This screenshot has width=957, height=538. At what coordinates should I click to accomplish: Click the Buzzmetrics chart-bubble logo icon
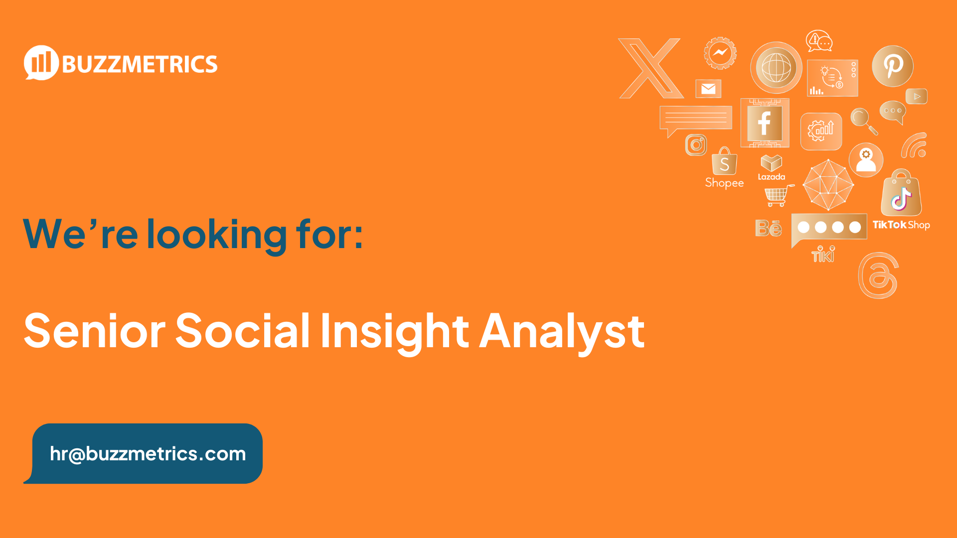click(x=41, y=63)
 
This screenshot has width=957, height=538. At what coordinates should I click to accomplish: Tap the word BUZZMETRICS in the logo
click(x=140, y=65)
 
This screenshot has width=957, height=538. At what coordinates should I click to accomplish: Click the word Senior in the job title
click(x=95, y=331)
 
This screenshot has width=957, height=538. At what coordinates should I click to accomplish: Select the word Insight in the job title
click(x=394, y=331)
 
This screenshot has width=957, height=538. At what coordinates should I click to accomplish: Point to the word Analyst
click(x=562, y=331)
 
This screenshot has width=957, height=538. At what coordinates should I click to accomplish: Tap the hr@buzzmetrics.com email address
click(x=148, y=454)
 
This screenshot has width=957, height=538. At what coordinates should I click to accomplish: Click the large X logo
click(x=650, y=68)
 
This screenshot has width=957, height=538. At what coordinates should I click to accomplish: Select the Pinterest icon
click(x=892, y=66)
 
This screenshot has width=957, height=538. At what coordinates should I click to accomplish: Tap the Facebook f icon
click(x=765, y=123)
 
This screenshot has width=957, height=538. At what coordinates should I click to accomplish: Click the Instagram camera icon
click(x=696, y=145)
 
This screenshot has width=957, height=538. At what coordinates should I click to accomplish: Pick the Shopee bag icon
click(x=724, y=161)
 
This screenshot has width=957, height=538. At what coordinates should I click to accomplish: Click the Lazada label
click(x=771, y=177)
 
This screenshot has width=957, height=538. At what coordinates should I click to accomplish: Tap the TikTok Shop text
click(x=901, y=225)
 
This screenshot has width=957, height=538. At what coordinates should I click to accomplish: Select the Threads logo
click(x=878, y=275)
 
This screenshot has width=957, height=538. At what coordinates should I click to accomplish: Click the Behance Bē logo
click(x=768, y=228)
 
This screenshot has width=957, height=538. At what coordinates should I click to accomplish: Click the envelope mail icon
click(x=708, y=89)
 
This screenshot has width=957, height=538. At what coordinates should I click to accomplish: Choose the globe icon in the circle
click(x=776, y=68)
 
